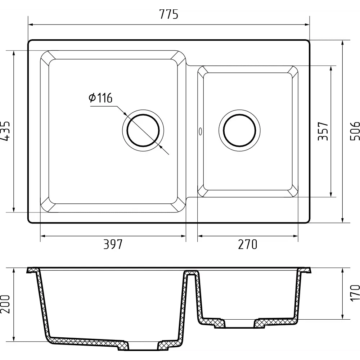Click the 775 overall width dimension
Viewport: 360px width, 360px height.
pyautogui.click(x=168, y=14)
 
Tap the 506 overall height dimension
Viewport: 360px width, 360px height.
pyautogui.click(x=355, y=131)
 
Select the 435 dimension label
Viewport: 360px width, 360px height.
pyautogui.click(x=5, y=131)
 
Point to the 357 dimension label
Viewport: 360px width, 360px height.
pyautogui.click(x=323, y=131)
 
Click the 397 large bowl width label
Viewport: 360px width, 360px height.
pyautogui.click(x=113, y=244)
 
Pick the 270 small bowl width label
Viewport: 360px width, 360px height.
pyautogui.click(x=248, y=244)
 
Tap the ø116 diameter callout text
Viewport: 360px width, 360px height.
pyautogui.click(x=100, y=98)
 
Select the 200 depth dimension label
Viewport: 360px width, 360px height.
pyautogui.click(x=5, y=304)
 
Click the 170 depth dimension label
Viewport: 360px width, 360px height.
pyautogui.click(x=355, y=293)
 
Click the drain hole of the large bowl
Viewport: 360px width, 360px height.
pyautogui.click(x=143, y=130)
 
